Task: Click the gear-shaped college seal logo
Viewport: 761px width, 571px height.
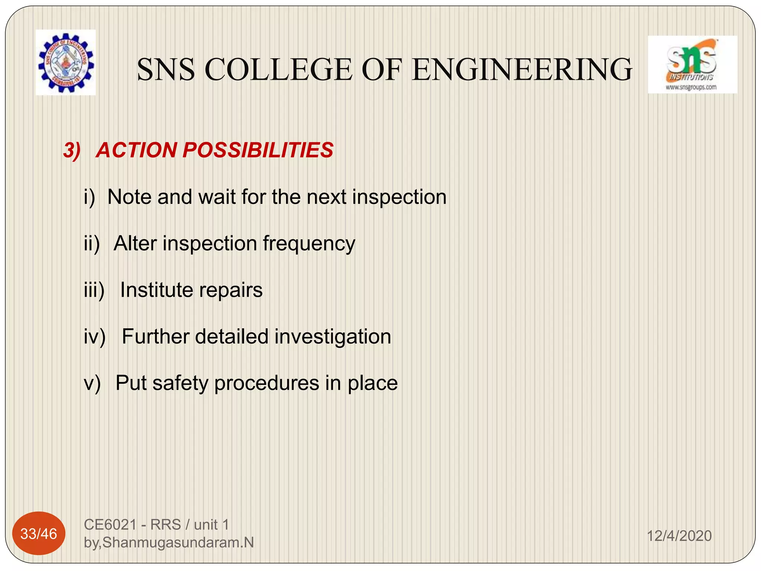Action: click(x=66, y=63)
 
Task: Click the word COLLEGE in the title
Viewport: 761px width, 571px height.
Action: click(x=278, y=70)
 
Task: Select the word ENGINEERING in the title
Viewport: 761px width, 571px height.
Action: click(x=522, y=70)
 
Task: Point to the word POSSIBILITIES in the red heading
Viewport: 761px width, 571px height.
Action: click(x=258, y=150)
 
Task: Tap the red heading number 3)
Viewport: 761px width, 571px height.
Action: click(x=72, y=151)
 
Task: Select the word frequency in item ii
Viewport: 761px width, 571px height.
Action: click(x=309, y=244)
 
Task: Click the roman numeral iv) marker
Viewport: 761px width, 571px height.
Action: click(x=95, y=337)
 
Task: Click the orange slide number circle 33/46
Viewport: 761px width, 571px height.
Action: click(x=39, y=534)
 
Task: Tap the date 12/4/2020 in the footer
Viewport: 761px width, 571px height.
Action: click(x=679, y=536)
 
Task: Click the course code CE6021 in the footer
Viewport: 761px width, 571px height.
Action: click(x=111, y=525)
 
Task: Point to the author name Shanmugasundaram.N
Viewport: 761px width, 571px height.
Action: click(x=178, y=543)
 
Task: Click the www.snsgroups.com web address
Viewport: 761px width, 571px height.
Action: click(x=691, y=88)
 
